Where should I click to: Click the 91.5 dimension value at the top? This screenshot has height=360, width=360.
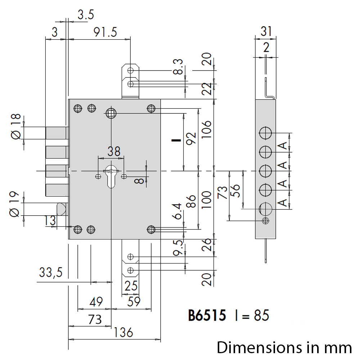pyautogui.click(x=105, y=32)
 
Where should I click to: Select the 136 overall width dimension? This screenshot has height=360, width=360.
pyautogui.click(x=123, y=332)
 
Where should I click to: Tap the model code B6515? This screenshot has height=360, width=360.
pyautogui.click(x=207, y=315)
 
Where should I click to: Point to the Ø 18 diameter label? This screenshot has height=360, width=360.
pyautogui.click(x=16, y=126)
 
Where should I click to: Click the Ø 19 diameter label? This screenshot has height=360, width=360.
pyautogui.click(x=14, y=204)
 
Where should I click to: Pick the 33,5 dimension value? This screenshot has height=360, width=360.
pyautogui.click(x=51, y=272)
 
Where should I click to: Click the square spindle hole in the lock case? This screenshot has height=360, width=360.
pyautogui.click(x=111, y=113)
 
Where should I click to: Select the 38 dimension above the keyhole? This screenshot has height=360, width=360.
pyautogui.click(x=114, y=151)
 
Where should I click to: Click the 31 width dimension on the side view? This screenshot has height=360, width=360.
pyautogui.click(x=266, y=31)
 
